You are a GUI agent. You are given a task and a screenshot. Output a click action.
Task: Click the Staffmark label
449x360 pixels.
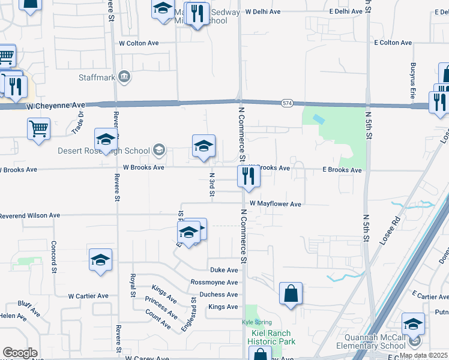[96, 77]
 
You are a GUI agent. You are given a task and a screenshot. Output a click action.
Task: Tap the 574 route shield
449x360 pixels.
[287, 104]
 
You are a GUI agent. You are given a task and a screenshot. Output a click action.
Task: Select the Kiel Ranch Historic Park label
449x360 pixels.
[271, 337]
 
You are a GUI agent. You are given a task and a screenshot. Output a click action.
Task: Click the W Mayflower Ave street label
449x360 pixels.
[276, 204]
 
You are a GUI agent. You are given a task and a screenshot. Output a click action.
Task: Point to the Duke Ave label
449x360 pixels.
[224, 270]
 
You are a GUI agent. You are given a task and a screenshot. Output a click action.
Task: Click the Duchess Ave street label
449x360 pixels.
[219, 295]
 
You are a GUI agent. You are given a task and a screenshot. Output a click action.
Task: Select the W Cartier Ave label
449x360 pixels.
[88, 296]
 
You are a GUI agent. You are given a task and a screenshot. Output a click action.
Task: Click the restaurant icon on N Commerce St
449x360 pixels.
[246, 176]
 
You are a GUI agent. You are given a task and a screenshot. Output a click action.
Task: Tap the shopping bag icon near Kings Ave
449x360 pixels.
[291, 294]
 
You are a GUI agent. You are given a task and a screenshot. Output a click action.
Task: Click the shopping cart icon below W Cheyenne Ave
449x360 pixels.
[38, 128]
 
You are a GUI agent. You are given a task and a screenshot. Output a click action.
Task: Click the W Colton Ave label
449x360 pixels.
[139, 43]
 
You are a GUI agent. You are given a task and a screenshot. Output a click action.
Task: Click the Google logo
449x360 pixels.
[20, 353]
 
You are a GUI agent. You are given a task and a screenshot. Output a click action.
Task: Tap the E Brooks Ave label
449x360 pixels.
[342, 170]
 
